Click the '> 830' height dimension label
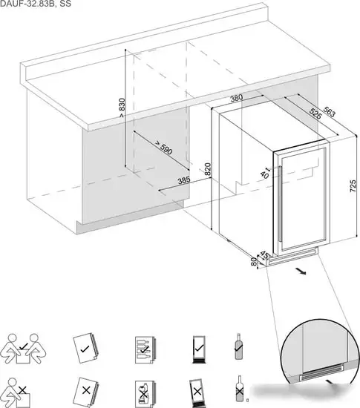point(122,108)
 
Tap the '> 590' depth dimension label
point(163,148)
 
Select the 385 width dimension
point(184,180)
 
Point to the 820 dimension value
point(207,169)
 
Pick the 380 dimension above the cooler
point(237,98)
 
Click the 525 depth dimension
point(315,113)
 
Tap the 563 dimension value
point(330,111)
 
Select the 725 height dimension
point(353,186)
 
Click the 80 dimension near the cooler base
point(254,262)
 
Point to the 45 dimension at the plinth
point(264,254)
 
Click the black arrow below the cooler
point(301,272)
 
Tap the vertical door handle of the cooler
point(281,204)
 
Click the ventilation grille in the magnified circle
point(321,369)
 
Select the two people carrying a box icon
point(23,349)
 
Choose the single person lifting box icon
point(15,393)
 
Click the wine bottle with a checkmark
point(239,346)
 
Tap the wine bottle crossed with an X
point(240,388)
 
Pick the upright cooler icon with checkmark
point(199,349)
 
